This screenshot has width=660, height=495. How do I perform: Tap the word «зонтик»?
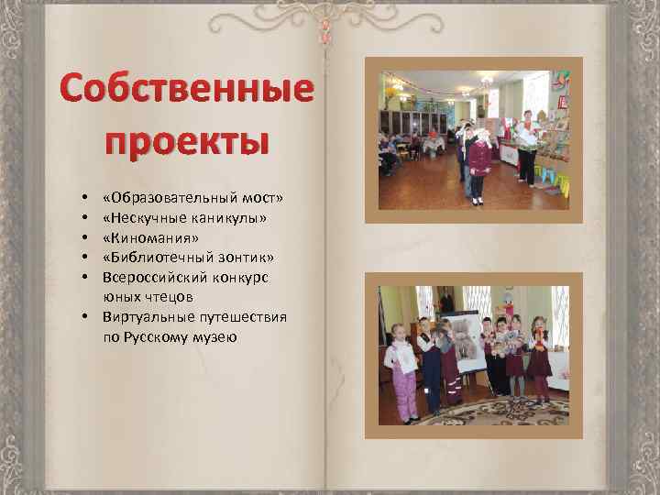click(x=244, y=258)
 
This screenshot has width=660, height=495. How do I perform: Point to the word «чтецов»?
click(x=170, y=296)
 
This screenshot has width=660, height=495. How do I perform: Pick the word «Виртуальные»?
click(x=145, y=316)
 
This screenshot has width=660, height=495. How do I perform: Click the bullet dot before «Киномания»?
click(x=83, y=238)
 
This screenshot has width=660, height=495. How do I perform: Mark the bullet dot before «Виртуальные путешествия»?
click(x=83, y=317)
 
